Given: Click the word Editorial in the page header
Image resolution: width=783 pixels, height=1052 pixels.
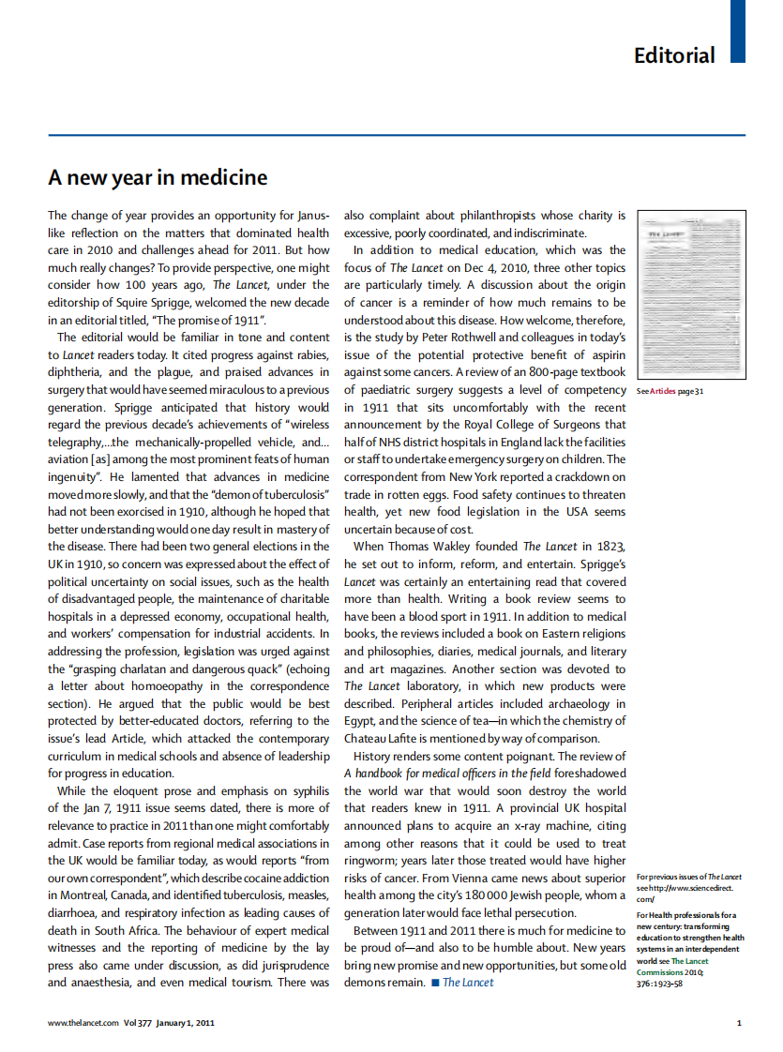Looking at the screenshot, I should point(674,54).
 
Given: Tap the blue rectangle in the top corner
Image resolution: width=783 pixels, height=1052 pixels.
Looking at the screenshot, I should point(737,31).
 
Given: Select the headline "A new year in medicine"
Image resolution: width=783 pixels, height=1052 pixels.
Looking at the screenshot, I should point(158,177).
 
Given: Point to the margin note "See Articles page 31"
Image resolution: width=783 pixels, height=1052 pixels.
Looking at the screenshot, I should point(670,391).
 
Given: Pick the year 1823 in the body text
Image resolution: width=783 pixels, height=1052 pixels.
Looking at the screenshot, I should point(610,547).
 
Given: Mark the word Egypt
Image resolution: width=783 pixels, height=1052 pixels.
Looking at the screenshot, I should point(361,721).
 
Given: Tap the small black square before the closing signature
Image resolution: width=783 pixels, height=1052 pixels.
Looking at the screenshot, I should point(435,983).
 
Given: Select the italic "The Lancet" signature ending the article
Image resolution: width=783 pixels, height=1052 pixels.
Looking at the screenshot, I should point(468,983).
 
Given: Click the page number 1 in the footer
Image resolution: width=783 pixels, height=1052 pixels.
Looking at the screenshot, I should point(739,1023).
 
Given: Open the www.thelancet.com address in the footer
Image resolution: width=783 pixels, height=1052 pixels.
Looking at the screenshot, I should point(83,1023).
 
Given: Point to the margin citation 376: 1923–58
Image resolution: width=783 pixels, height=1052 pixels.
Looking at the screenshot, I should point(663,983).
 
